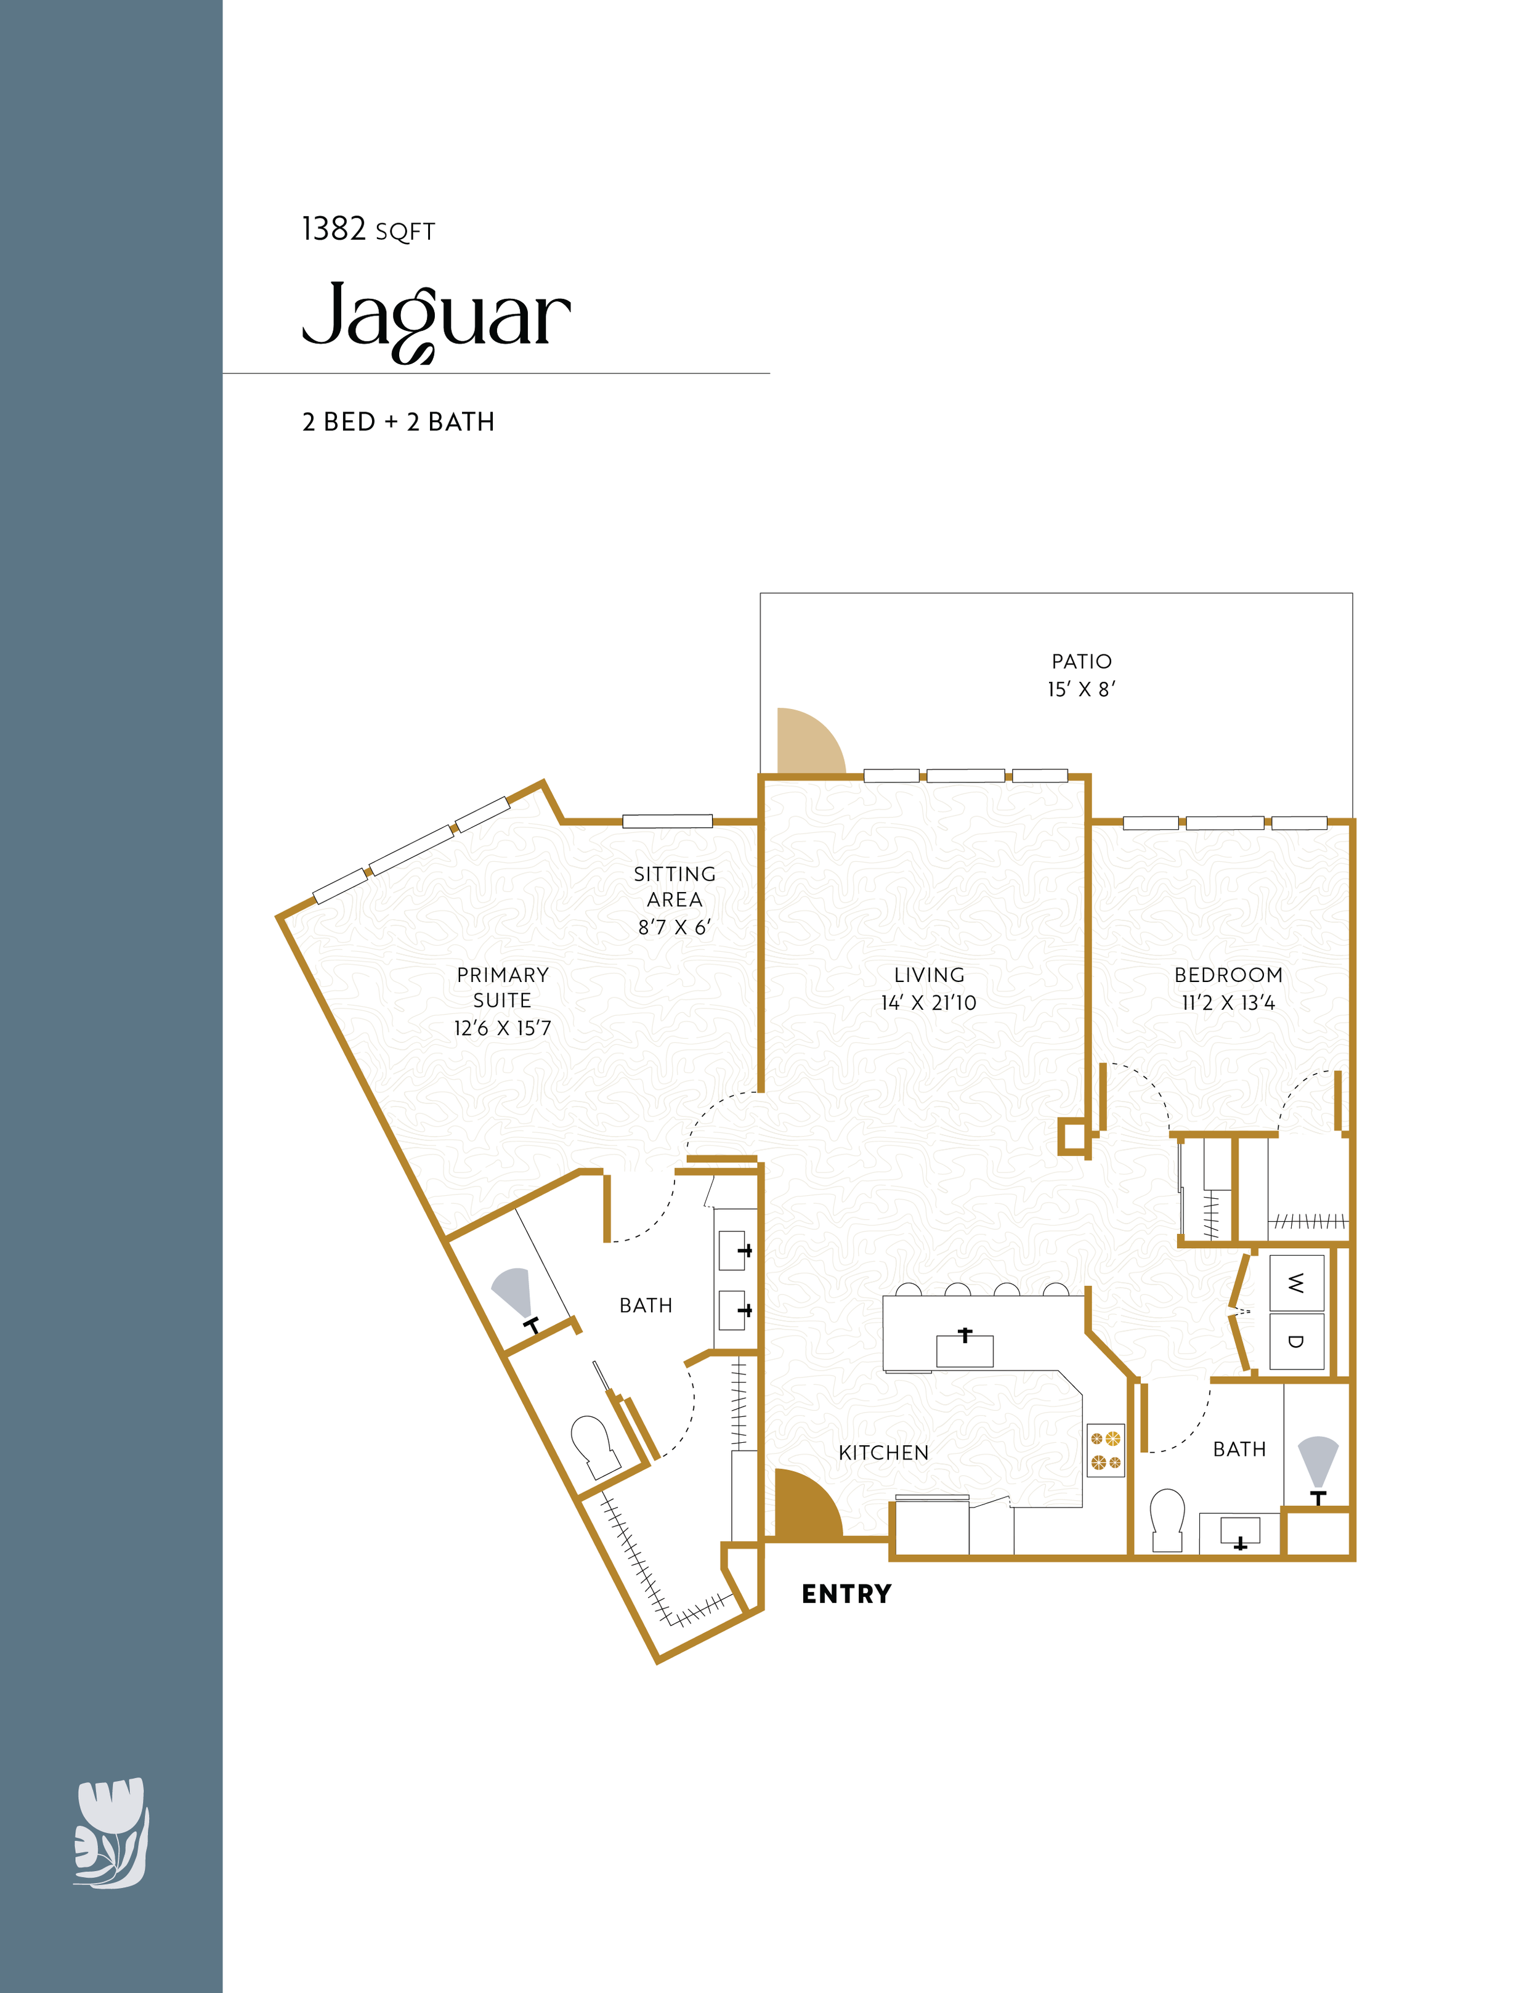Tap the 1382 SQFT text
click(368, 229)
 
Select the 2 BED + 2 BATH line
click(399, 421)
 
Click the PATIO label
click(1081, 662)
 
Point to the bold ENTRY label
click(846, 1593)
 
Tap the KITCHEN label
click(883, 1453)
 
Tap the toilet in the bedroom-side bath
click(1168, 1519)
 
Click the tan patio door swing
click(808, 742)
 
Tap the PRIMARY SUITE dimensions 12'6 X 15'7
click(503, 1028)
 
